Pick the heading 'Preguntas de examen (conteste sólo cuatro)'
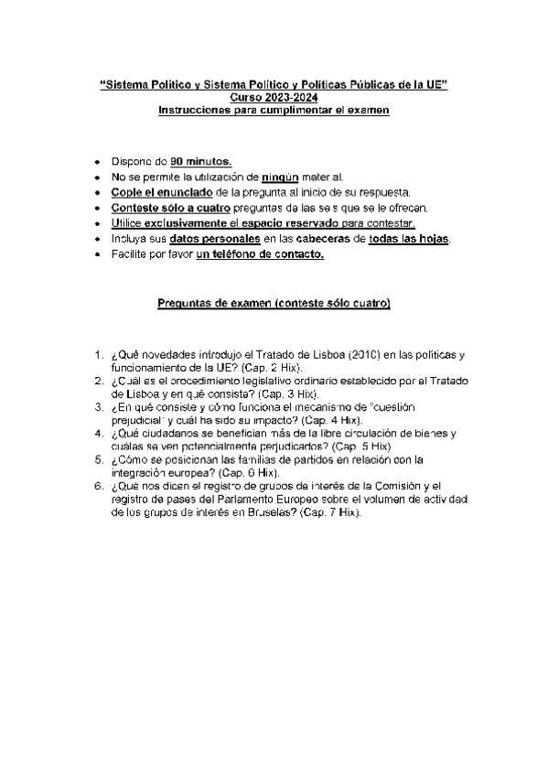click(274, 303)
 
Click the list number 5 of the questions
click(98, 458)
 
